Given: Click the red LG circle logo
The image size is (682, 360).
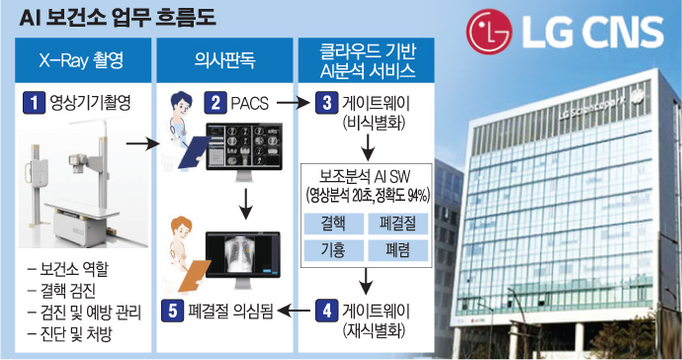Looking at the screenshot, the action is pos(489,32).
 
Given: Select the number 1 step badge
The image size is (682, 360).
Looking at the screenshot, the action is pos(34,103).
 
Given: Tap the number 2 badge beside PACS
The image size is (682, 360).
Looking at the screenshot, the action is pos(215,103).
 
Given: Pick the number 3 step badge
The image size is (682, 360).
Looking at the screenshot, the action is pos(326,103).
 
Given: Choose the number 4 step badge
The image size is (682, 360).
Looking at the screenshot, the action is pos(326,311).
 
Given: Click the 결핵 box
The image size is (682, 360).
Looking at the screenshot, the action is pos(334,224).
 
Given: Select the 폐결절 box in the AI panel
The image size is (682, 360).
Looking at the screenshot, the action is pos(398,224).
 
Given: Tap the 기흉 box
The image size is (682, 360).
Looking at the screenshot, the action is pos(334,250).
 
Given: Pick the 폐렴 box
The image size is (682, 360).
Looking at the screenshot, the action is pos(398,250).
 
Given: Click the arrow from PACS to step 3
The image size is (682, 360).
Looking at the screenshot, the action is pos(294,103).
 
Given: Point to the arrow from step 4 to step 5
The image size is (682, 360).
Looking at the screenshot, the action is pos(294,311).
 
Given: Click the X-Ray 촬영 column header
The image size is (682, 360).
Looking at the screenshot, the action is pos(83,60).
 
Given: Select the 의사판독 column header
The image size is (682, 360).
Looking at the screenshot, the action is pos(224,60).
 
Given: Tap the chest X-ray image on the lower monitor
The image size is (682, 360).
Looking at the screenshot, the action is pos(238,254).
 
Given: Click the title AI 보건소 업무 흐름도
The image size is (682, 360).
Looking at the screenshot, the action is pos(118,18).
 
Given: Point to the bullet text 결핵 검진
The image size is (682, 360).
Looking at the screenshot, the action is pos(67,291).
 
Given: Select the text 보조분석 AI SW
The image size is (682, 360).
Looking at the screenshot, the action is pos(365,176).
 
